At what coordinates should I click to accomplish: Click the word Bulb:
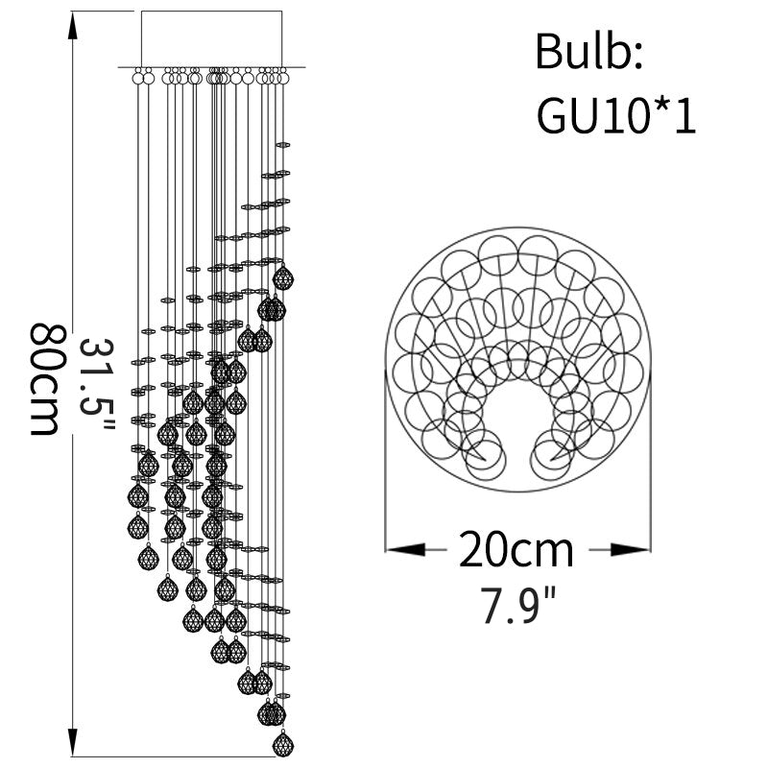coord(588,52)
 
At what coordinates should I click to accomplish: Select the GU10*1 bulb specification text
coord(615,116)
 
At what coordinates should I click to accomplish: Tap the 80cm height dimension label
coord(44,379)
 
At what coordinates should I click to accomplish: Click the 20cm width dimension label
coord(516,549)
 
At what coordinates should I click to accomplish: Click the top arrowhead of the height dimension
coord(73,26)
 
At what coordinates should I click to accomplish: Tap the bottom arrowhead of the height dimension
coord(73,742)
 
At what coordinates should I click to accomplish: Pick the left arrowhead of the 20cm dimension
coord(405,549)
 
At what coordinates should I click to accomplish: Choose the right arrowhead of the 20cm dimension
coord(631,549)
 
